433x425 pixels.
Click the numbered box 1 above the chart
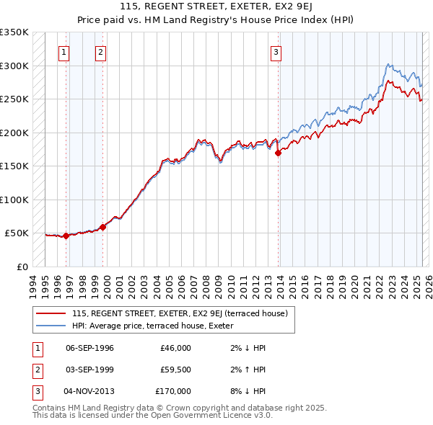coord(64,51)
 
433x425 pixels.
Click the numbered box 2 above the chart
coord(100,51)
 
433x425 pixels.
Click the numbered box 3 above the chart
coord(276,51)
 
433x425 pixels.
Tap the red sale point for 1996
coord(66,236)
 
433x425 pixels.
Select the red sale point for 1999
coord(102,227)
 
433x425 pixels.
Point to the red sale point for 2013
coord(278,152)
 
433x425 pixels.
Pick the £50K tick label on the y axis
coord(17,233)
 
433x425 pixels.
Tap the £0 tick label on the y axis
coord(22,267)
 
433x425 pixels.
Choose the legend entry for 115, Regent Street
coord(180,313)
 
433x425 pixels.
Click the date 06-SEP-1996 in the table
coord(89,348)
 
